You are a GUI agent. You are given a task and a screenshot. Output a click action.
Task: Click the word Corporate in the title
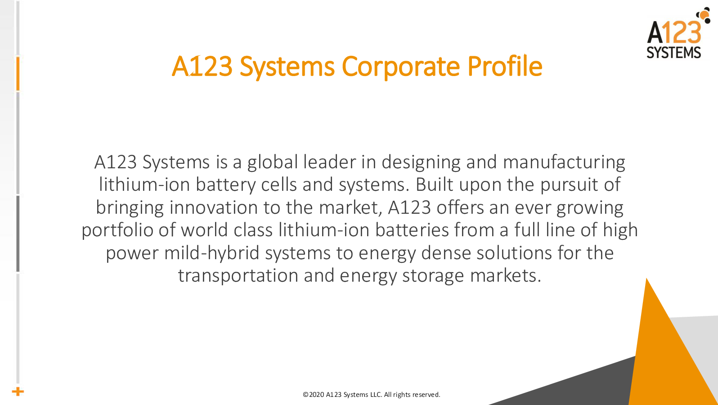(401, 67)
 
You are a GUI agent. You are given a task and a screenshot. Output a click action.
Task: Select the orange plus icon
(18, 391)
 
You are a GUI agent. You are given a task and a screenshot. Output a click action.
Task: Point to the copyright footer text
(372, 394)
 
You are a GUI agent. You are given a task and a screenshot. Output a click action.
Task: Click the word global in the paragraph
(273, 162)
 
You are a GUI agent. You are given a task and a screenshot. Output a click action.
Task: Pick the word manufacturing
(564, 162)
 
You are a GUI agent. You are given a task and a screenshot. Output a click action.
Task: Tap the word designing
(421, 162)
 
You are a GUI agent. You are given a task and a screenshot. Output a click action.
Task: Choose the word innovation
(214, 207)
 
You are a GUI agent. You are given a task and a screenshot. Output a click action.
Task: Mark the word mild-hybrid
(211, 253)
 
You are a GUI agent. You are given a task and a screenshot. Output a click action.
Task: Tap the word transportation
(238, 276)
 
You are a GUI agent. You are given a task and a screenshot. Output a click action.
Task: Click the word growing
(590, 208)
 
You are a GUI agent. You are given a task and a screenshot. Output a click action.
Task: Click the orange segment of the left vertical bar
(18, 74)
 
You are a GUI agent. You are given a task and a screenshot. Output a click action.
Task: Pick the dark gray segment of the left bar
(18, 234)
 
